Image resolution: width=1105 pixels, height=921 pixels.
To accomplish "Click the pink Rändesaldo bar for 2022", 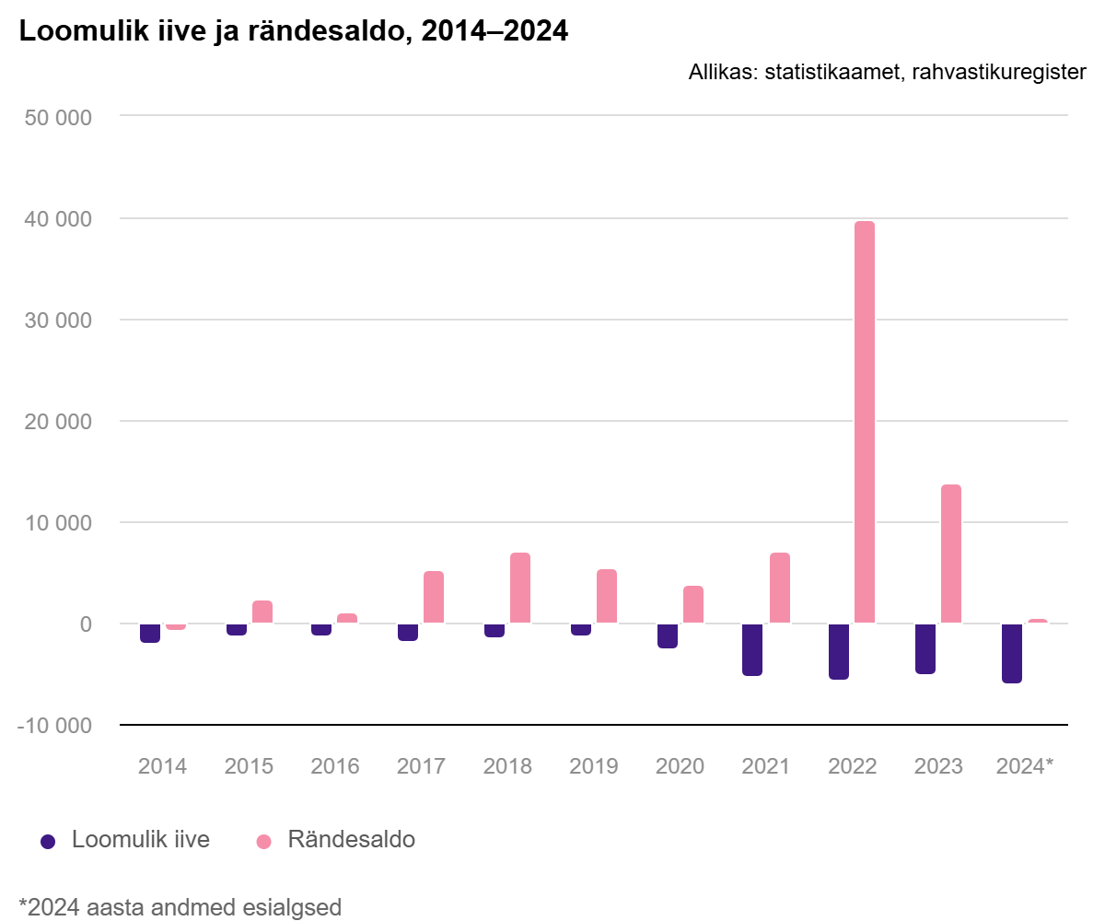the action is coord(865,422).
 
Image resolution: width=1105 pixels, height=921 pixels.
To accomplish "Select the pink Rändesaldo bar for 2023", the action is coord(951,554).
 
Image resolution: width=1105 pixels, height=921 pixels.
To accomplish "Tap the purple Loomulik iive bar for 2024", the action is coord(1012,653).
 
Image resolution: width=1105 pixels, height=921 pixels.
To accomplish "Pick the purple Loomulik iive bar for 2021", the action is coord(752,649).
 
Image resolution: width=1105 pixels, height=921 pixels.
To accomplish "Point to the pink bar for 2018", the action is coord(520,588).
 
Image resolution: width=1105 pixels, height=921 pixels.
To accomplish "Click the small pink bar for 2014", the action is coord(176,626).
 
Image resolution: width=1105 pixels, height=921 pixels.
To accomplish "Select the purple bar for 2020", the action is coord(668,635).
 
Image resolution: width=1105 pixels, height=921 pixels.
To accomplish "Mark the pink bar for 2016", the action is coord(347,618).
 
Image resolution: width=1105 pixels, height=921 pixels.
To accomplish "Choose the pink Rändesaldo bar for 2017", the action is coord(434,597).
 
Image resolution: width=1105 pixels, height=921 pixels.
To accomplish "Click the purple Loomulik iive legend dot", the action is coord(48,842).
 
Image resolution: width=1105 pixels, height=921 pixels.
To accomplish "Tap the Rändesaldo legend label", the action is coord(352,839).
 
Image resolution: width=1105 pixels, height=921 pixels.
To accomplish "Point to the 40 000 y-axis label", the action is coord(58,219).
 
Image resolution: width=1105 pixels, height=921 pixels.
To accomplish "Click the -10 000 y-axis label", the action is coord(54,726).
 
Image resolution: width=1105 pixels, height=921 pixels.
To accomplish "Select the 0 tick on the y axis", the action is coord(86,624).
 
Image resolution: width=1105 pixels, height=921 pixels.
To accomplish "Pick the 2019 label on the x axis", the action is coord(593,766).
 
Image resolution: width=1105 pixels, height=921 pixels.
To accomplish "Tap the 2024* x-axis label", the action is coord(1025,766).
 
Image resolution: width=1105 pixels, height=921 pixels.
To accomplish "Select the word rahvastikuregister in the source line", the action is coord(999,73).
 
